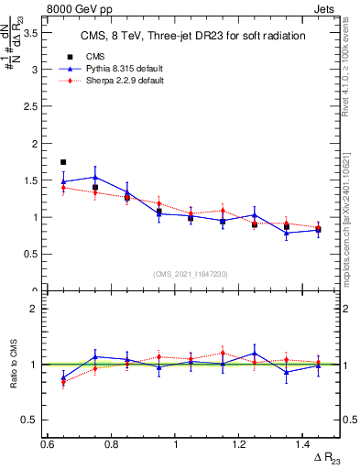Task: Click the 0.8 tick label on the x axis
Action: pos(112,444)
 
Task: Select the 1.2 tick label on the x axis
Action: pos(240,444)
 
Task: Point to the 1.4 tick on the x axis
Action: pos(304,444)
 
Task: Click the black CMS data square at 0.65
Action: pos(63,162)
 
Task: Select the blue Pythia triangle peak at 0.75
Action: pos(95,177)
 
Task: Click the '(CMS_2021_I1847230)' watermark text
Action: pos(191,273)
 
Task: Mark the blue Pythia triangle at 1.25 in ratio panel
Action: pos(255,353)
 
